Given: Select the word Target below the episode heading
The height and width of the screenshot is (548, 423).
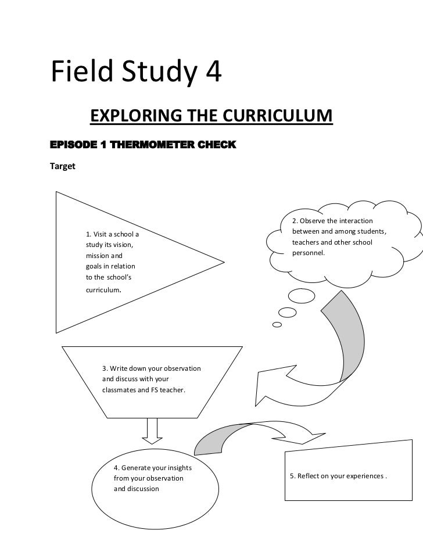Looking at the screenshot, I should (x=63, y=166).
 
